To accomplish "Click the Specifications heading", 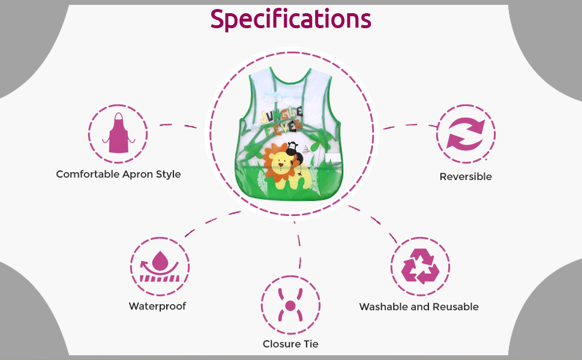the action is tap(290, 19).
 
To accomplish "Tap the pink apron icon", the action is tap(118, 133).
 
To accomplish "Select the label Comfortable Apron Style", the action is tap(118, 174).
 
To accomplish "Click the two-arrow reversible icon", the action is tap(466, 134).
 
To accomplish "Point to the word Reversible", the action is tap(466, 176).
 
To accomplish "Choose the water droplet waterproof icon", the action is tap(160, 266).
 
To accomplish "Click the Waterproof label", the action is tap(157, 306).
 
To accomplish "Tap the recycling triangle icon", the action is tap(420, 266).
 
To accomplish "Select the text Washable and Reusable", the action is tap(419, 307).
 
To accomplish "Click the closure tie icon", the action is tap(290, 305).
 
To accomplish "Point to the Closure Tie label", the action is tap(290, 344).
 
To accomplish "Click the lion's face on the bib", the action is tap(280, 163).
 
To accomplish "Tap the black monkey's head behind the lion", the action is tap(292, 148).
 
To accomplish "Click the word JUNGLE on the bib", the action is tap(282, 115).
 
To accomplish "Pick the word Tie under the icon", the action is tap(311, 344).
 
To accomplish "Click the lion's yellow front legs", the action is tap(290, 182).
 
